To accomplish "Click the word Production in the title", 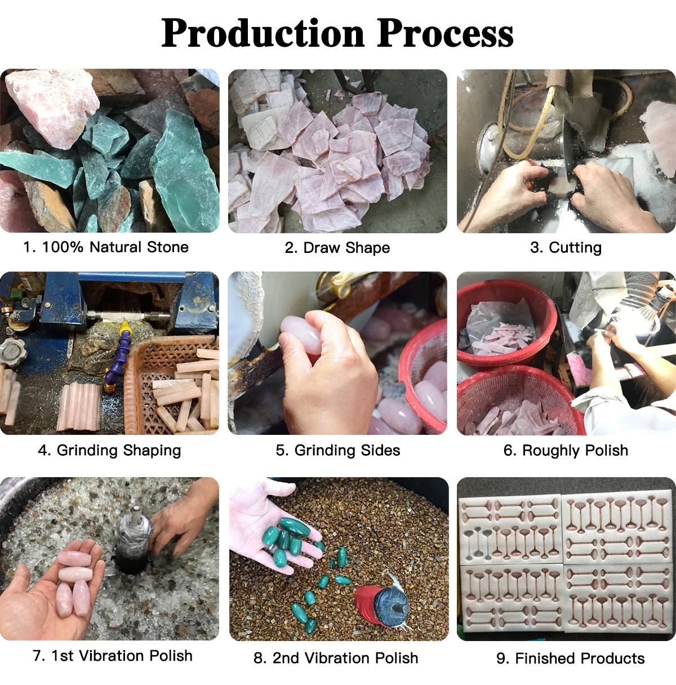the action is click(x=263, y=33).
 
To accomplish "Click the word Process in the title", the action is click(x=445, y=33).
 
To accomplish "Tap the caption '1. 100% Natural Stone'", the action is click(x=106, y=247).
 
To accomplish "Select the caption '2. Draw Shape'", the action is click(x=337, y=248).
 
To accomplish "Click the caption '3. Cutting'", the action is click(x=566, y=248).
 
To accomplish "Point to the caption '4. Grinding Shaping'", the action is click(x=109, y=451).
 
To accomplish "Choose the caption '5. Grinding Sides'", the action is click(x=338, y=451).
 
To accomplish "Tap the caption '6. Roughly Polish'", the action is click(x=566, y=451).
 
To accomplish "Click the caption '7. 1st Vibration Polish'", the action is click(x=112, y=656).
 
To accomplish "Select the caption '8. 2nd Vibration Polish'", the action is click(x=336, y=657).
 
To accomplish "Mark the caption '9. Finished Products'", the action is click(x=571, y=658).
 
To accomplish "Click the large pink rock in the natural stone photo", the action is click(x=54, y=106).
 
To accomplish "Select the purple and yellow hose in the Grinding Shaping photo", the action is click(x=117, y=355).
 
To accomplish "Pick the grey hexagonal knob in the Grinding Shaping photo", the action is click(x=13, y=352).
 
